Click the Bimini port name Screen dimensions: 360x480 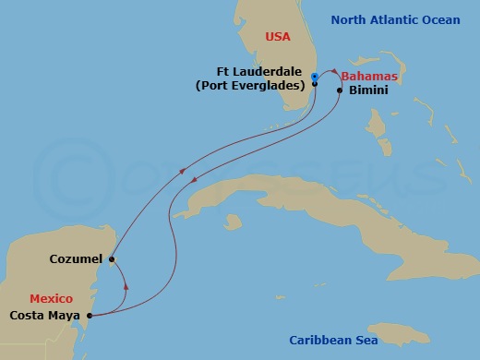368,90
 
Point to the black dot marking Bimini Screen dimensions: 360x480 340,90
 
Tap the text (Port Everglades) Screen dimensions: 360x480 250,86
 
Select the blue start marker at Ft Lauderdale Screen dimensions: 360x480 315,76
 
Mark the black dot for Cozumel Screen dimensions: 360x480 111,259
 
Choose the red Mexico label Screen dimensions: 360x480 51,299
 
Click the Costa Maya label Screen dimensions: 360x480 45,315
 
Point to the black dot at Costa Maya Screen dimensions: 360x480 90,315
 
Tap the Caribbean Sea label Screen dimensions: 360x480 337,340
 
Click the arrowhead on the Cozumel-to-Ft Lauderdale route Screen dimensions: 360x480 184,171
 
